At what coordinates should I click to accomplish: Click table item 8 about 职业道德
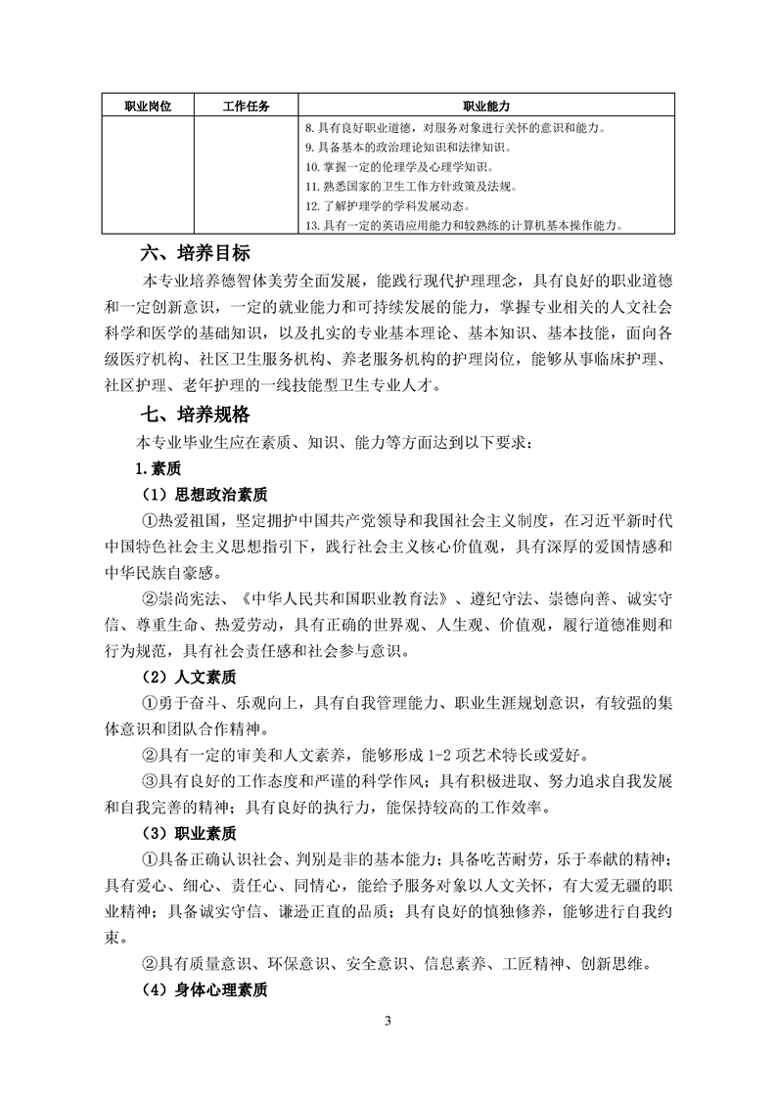pos(454,127)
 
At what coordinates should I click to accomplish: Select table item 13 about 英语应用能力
pos(465,226)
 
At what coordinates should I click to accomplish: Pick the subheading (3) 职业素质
pos(183,834)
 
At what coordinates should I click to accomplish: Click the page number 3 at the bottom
pos(388,1023)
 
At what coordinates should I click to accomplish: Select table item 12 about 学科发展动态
pos(388,206)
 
